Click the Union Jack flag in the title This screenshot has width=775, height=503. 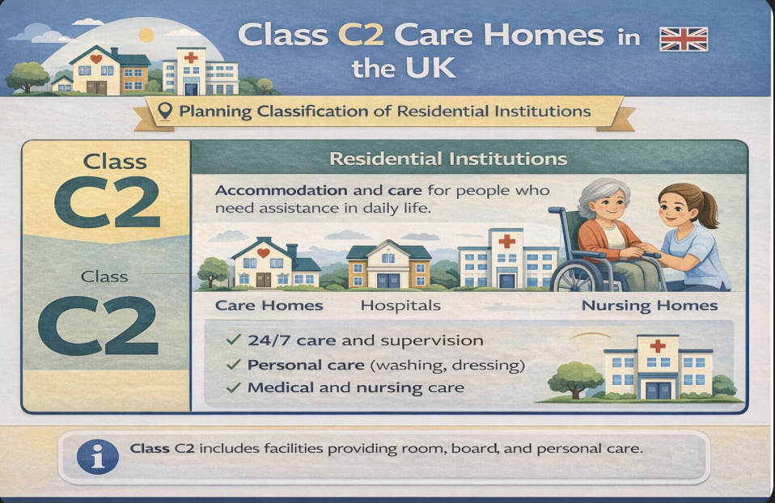[x=684, y=39]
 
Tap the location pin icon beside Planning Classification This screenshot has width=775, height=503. [x=165, y=111]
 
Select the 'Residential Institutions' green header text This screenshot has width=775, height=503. [x=447, y=159]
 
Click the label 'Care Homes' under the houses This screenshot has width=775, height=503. [x=269, y=306]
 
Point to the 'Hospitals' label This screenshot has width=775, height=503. [x=400, y=306]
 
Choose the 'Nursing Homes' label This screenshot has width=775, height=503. [x=650, y=306]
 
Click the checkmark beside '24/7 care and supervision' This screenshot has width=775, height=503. [x=233, y=341]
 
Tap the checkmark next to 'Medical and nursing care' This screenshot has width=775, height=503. [x=233, y=387]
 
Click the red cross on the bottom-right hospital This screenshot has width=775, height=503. [x=658, y=345]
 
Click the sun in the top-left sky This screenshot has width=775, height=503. [x=146, y=35]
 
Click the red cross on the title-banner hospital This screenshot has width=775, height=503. [x=191, y=58]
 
